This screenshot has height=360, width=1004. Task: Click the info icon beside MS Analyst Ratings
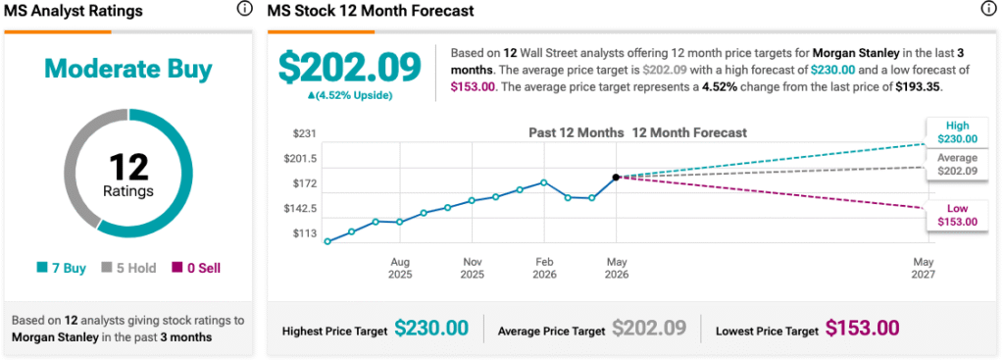tap(244, 9)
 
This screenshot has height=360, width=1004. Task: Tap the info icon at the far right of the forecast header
tap(988, 9)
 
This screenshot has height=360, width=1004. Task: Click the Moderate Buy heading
tap(128, 70)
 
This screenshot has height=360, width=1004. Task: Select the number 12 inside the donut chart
tap(128, 167)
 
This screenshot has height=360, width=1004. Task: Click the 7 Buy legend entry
tap(62, 269)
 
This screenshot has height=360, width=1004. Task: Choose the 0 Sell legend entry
tap(196, 269)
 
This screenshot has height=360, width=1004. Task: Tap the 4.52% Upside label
tap(350, 95)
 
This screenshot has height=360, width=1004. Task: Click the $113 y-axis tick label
tap(305, 233)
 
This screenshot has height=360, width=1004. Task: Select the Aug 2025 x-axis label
tap(400, 269)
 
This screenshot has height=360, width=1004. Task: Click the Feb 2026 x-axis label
tap(544, 269)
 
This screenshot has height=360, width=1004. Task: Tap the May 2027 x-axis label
tap(924, 269)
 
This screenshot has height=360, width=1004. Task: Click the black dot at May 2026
tap(616, 177)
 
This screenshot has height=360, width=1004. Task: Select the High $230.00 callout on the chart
tap(957, 132)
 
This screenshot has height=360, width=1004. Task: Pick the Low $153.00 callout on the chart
tap(957, 215)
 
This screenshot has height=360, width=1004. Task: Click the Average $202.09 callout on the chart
tap(957, 165)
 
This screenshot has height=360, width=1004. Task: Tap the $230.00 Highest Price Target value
tap(431, 328)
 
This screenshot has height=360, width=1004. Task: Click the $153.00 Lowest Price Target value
tap(862, 328)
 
